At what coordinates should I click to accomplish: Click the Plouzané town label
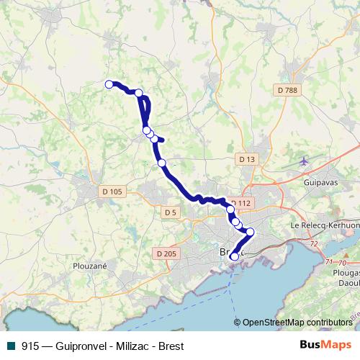click(90, 265)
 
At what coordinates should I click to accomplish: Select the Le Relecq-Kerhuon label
click(323, 225)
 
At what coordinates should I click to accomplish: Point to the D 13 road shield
click(247, 159)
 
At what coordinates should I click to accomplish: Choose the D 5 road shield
click(170, 212)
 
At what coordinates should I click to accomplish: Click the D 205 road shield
click(166, 253)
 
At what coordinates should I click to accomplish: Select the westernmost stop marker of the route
click(109, 84)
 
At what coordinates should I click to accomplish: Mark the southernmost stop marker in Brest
click(234, 257)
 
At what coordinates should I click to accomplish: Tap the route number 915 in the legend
click(30, 346)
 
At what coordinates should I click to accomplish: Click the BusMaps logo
click(325, 346)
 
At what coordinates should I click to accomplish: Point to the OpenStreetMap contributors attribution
click(297, 323)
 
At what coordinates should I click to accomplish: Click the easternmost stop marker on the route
click(251, 232)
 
